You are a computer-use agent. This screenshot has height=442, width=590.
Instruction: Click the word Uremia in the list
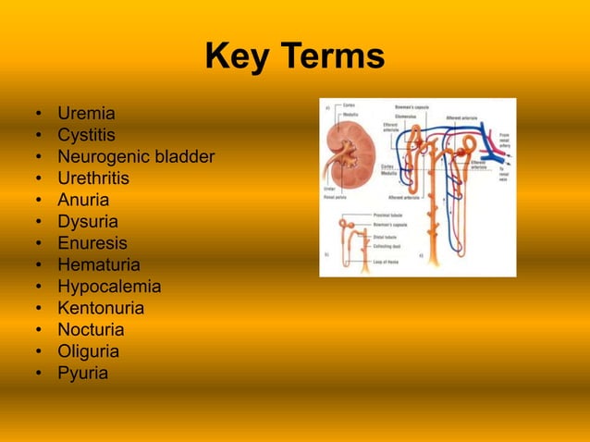pyautogui.click(x=86, y=115)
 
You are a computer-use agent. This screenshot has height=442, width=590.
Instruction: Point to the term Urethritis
pyautogui.click(x=93, y=178)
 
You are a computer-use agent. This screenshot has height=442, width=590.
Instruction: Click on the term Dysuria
pyautogui.click(x=88, y=222)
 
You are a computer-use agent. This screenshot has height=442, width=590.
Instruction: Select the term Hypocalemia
pyautogui.click(x=109, y=287)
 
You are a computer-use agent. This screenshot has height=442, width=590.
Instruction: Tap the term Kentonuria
pyautogui.click(x=101, y=309)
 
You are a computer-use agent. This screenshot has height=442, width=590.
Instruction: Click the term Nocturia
pyautogui.click(x=91, y=330)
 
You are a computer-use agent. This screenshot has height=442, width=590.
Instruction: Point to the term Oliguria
pyautogui.click(x=88, y=352)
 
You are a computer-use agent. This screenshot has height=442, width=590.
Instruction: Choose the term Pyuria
pyautogui.click(x=82, y=374)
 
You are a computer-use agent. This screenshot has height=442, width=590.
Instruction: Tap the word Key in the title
pyautogui.click(x=235, y=57)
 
